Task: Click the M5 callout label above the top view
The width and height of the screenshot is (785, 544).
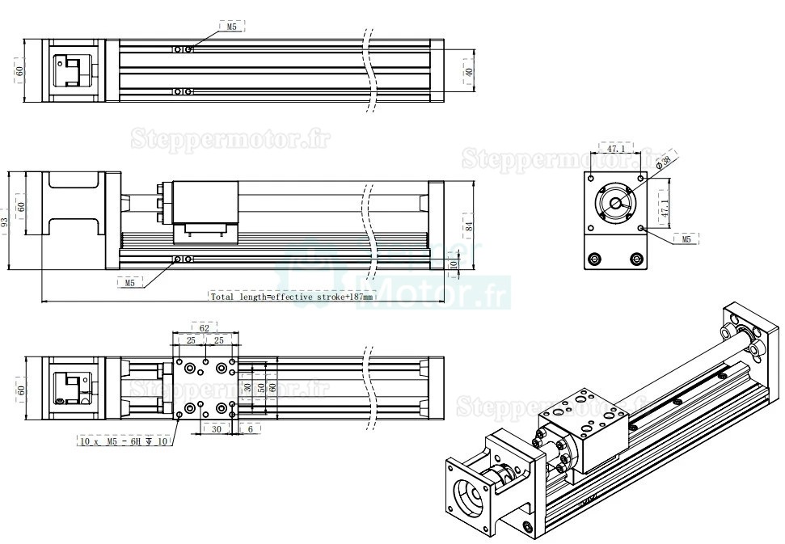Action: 231,27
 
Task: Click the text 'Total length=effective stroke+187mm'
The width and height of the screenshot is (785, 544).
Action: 292,297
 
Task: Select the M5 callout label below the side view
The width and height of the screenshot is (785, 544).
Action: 129,282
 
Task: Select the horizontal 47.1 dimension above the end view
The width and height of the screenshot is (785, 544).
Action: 616,150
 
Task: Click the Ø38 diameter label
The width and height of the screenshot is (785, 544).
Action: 665,162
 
